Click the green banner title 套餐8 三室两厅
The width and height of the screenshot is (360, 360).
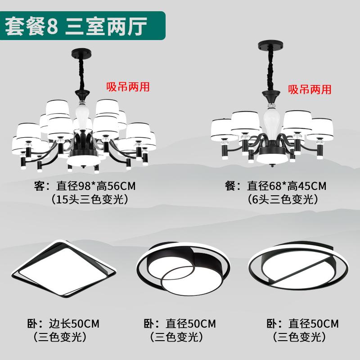76,27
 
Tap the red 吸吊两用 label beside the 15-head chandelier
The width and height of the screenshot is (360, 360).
128,87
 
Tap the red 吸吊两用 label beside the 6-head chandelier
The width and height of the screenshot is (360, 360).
310,89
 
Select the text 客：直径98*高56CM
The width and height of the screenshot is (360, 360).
85,186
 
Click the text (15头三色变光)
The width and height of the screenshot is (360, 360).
89,199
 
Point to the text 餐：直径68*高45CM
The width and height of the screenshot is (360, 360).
275,186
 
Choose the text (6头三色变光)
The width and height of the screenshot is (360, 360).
283,199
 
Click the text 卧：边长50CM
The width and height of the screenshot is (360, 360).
63,324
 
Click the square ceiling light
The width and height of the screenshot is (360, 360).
63,268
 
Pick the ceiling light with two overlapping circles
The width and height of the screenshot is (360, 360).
183,268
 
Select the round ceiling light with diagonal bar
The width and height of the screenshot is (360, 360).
298,266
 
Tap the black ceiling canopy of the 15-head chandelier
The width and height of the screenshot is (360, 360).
81,53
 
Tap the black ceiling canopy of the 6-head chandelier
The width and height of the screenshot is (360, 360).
270,45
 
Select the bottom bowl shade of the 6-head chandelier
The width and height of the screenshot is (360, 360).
272,158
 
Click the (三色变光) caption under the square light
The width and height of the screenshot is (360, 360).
60,337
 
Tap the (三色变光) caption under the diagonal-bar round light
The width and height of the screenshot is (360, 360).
300,337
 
